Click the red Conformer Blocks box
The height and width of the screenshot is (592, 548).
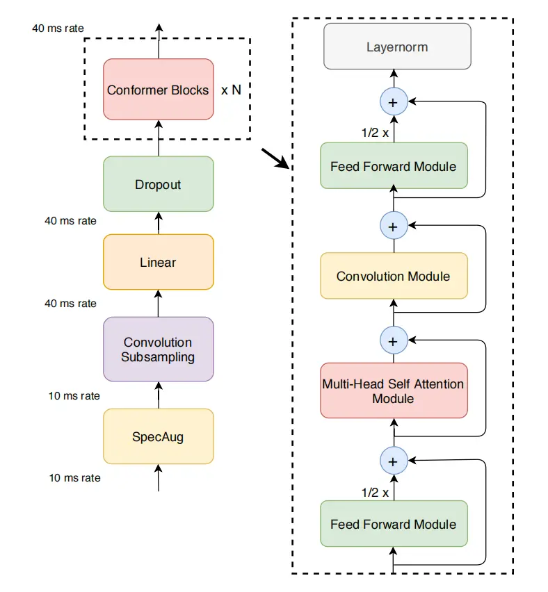coord(158,90)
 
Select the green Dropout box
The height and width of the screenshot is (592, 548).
coord(158,184)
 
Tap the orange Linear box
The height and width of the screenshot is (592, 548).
coord(158,262)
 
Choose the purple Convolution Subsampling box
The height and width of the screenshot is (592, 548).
coord(158,350)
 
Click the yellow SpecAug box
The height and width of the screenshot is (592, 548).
coord(158,436)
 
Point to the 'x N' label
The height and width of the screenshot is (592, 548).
coord(232,90)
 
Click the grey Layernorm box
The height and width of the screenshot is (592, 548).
coord(397,47)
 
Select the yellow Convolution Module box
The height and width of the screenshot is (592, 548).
coord(393,276)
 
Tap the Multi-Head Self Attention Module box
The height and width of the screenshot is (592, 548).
coord(393,390)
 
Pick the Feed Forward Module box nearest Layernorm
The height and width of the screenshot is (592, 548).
coord(393,166)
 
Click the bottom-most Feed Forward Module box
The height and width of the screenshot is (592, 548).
coord(393,524)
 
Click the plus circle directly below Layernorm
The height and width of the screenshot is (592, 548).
coord(393,102)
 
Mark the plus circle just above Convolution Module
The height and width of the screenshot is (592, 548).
coord(393,226)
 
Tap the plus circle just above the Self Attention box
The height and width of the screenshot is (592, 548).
coord(393,340)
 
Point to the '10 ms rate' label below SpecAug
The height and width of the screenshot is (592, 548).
coord(74,478)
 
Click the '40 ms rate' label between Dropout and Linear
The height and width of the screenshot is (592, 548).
coord(70,221)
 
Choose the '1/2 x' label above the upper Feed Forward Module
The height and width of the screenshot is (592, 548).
coord(375,133)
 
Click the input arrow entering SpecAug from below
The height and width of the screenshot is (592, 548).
coord(159,479)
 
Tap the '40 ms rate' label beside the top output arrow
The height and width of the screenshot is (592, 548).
coord(58,29)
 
